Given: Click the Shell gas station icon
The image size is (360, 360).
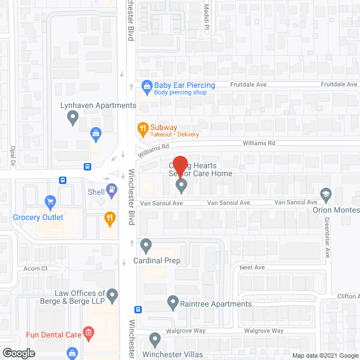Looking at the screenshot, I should click(112, 190).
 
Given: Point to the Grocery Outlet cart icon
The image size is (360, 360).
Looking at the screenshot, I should click(49, 201).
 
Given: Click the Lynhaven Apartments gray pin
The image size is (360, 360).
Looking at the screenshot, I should click(73, 117).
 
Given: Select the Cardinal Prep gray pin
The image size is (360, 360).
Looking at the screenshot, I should click(146, 245).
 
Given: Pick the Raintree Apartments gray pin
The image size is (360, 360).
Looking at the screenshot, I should click(173, 303).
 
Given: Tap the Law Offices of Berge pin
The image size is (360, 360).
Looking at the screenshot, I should click(112, 295).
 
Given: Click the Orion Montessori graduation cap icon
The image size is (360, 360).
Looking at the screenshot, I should click(326, 195).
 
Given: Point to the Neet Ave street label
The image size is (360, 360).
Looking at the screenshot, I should click(252, 267).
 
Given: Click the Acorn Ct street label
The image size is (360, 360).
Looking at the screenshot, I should click(35, 268).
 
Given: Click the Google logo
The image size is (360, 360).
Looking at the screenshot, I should click(19, 353).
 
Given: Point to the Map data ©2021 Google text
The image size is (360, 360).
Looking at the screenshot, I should click(325, 355).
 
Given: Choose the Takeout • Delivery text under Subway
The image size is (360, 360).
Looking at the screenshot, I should click(174, 135).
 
